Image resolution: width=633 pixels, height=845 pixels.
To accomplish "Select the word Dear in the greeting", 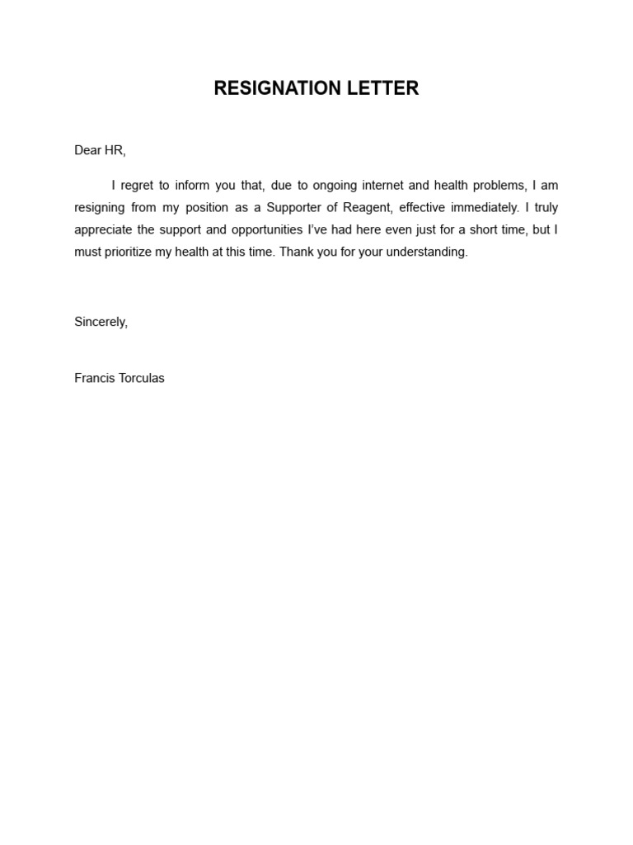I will click(x=87, y=150).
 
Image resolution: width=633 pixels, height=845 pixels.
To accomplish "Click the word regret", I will click(x=137, y=186).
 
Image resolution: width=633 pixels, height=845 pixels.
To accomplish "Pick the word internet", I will click(x=382, y=186).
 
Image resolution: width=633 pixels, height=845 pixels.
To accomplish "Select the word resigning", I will click(x=98, y=208).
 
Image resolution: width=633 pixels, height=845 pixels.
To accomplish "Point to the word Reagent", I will click(x=364, y=208).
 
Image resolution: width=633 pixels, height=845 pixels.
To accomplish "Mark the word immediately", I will click(x=485, y=208).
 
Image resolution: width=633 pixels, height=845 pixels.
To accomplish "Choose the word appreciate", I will click(x=105, y=230).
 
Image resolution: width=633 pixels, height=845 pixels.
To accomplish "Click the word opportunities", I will click(x=256, y=230).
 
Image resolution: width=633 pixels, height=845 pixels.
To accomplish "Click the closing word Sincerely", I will click(x=101, y=322).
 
